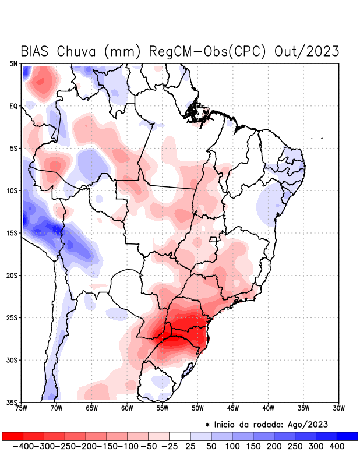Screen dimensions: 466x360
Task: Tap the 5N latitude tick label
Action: coord(13,63)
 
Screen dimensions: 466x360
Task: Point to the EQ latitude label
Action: coord(13,106)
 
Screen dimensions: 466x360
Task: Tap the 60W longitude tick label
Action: coord(126,408)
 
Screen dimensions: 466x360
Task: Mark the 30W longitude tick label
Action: coord(338,408)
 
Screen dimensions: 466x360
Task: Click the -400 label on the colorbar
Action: coord(23,446)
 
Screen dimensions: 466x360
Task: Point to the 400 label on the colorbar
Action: coord(337,446)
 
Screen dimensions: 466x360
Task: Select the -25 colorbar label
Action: coord(170,446)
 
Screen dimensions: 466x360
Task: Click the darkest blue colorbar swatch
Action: coord(348,436)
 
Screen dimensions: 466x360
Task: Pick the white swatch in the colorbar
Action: coord(180,436)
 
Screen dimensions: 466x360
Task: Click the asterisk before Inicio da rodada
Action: coord(208,424)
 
